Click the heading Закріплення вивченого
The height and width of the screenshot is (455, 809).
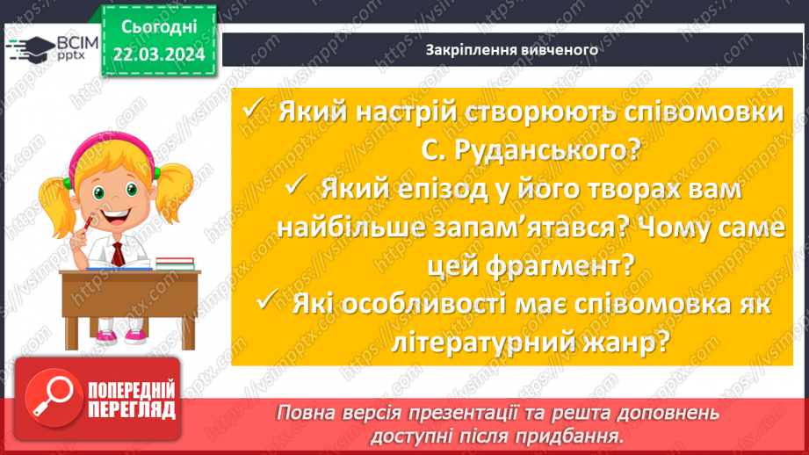pyautogui.click(x=511, y=49)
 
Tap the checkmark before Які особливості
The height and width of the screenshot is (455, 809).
pyautogui.click(x=270, y=301)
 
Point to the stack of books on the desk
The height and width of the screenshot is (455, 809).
pyautogui.click(x=175, y=263)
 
